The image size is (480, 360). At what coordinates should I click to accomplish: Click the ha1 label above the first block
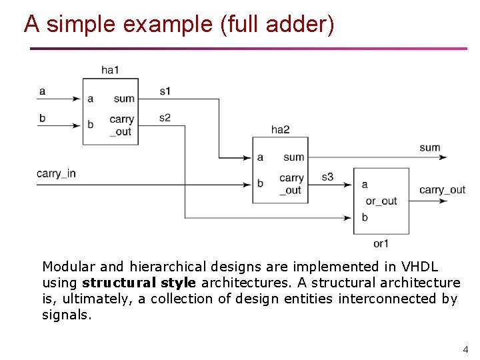pyautogui.click(x=110, y=69)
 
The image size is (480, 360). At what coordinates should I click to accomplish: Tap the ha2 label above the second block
pyautogui.click(x=280, y=129)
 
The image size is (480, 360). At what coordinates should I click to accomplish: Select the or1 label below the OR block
pyautogui.click(x=381, y=243)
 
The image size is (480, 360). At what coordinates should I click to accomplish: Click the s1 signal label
pyautogui.click(x=165, y=91)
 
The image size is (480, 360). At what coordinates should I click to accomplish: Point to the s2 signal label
pyautogui.click(x=165, y=117)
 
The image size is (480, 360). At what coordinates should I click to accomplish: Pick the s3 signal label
pyautogui.click(x=327, y=177)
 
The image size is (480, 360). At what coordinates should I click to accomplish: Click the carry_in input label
pyautogui.click(x=56, y=173)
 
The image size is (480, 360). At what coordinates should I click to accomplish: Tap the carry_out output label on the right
pyautogui.click(x=442, y=190)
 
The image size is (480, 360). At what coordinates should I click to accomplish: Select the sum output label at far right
pyautogui.click(x=430, y=147)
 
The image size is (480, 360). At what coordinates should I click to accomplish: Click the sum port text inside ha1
pyautogui.click(x=124, y=99)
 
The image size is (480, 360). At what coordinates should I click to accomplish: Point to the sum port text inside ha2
pyautogui.click(x=293, y=157)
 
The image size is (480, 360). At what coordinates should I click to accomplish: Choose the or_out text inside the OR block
pyautogui.click(x=381, y=201)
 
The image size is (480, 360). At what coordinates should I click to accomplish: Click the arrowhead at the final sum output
pyautogui.click(x=442, y=158)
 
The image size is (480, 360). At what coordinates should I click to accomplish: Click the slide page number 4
pyautogui.click(x=465, y=349)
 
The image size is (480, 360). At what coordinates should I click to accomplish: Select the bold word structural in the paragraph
pyautogui.click(x=109, y=283)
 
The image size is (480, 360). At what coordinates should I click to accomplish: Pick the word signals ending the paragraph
pyautogui.click(x=65, y=315)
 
